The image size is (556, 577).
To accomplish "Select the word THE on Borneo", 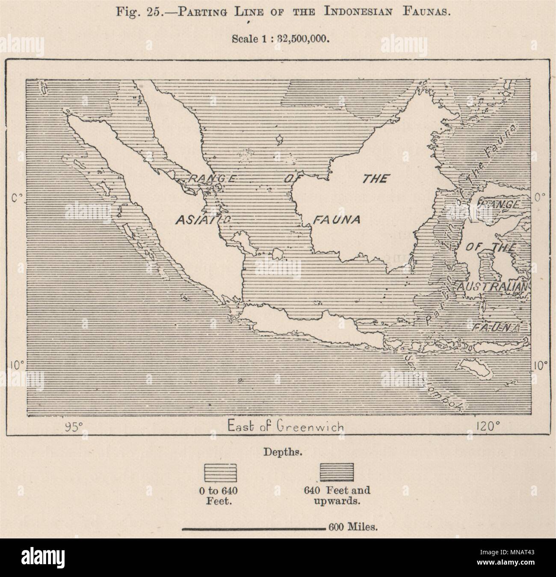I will click(x=375, y=179).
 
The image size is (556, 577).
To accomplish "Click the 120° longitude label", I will click(x=488, y=426).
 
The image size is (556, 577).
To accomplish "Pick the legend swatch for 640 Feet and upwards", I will click(x=337, y=472).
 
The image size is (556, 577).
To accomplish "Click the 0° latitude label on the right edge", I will click(x=540, y=197).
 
